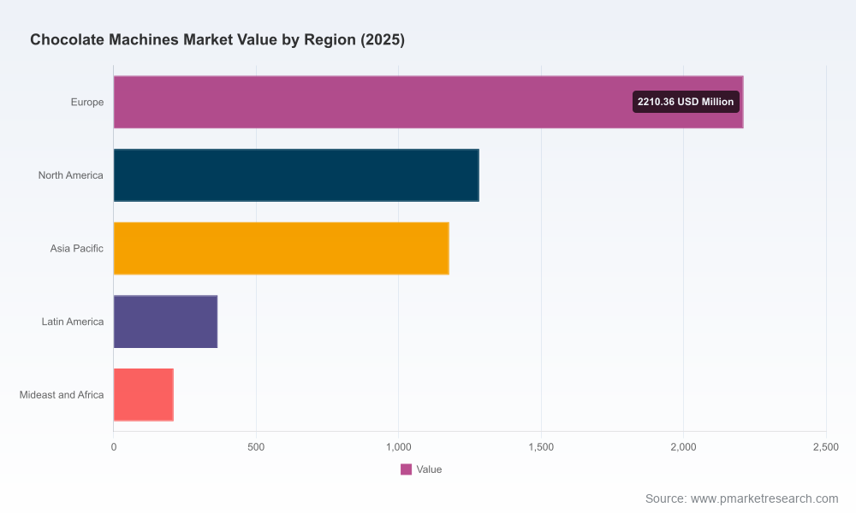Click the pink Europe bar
tap(429, 102)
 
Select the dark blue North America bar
tap(296, 175)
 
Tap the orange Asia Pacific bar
tap(281, 248)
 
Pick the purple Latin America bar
tap(165, 321)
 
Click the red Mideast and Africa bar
tap(144, 395)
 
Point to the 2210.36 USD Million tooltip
tap(686, 102)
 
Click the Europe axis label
tap(86, 102)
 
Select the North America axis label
tap(70, 175)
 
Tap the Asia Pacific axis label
tap(76, 248)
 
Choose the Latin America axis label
tap(73, 321)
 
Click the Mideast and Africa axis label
tap(62, 395)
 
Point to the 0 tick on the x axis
tap(114, 447)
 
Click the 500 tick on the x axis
tap(256, 447)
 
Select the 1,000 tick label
tap(399, 447)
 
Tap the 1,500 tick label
tap(541, 447)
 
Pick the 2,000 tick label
tap(683, 447)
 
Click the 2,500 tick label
tap(826, 447)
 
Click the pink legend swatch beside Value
tap(406, 469)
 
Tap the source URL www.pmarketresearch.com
tap(764, 498)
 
